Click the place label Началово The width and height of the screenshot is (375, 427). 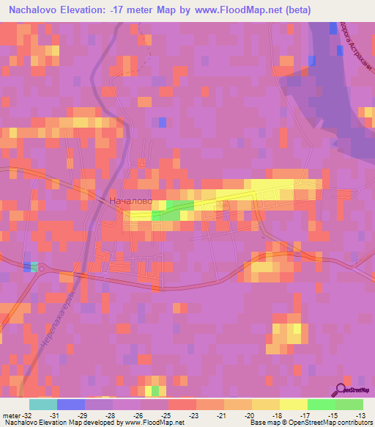point(130,200)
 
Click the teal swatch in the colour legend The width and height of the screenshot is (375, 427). point(43,404)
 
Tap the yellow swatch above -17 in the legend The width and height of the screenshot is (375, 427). point(294,404)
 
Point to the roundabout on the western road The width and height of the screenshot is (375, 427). point(40,269)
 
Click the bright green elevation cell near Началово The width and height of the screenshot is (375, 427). point(173,211)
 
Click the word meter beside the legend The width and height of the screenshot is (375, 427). point(10,415)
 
